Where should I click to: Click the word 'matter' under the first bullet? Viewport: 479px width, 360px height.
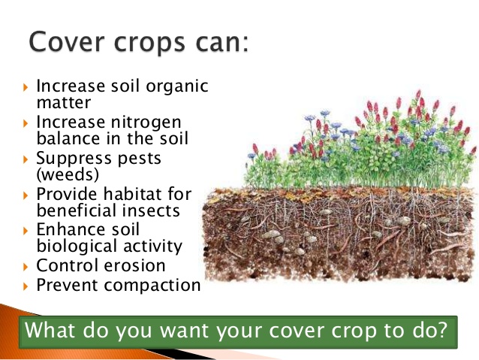(64, 102)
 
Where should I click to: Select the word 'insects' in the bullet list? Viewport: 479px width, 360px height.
(150, 211)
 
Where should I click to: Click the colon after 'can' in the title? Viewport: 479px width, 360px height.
(244, 43)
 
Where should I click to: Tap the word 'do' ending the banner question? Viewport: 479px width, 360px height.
(427, 331)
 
